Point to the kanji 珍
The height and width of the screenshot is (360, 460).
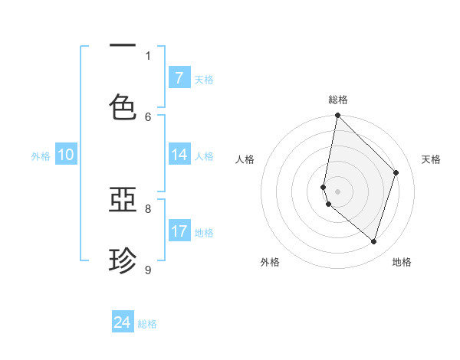point(123,261)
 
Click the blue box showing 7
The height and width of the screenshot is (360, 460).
point(179,78)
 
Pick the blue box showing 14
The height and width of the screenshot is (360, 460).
point(179,155)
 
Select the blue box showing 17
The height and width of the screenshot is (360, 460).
point(179,231)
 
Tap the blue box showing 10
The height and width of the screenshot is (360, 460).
point(66,155)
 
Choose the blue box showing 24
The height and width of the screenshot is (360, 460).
point(123,322)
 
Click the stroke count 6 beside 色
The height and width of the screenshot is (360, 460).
point(148,116)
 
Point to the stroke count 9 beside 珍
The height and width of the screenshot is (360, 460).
point(148,269)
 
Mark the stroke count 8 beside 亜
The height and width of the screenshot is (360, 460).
point(148,208)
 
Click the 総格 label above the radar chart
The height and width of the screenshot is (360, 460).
point(338,100)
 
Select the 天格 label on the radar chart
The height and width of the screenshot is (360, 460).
point(431,159)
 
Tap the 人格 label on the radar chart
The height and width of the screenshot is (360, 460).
point(245,159)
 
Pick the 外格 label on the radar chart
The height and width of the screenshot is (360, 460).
point(270,262)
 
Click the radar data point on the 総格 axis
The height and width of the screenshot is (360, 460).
point(337,115)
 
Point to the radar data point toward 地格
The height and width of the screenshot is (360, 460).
point(374,242)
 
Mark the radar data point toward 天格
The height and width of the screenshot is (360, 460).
point(396,172)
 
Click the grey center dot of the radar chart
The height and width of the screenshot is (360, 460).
point(337,191)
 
